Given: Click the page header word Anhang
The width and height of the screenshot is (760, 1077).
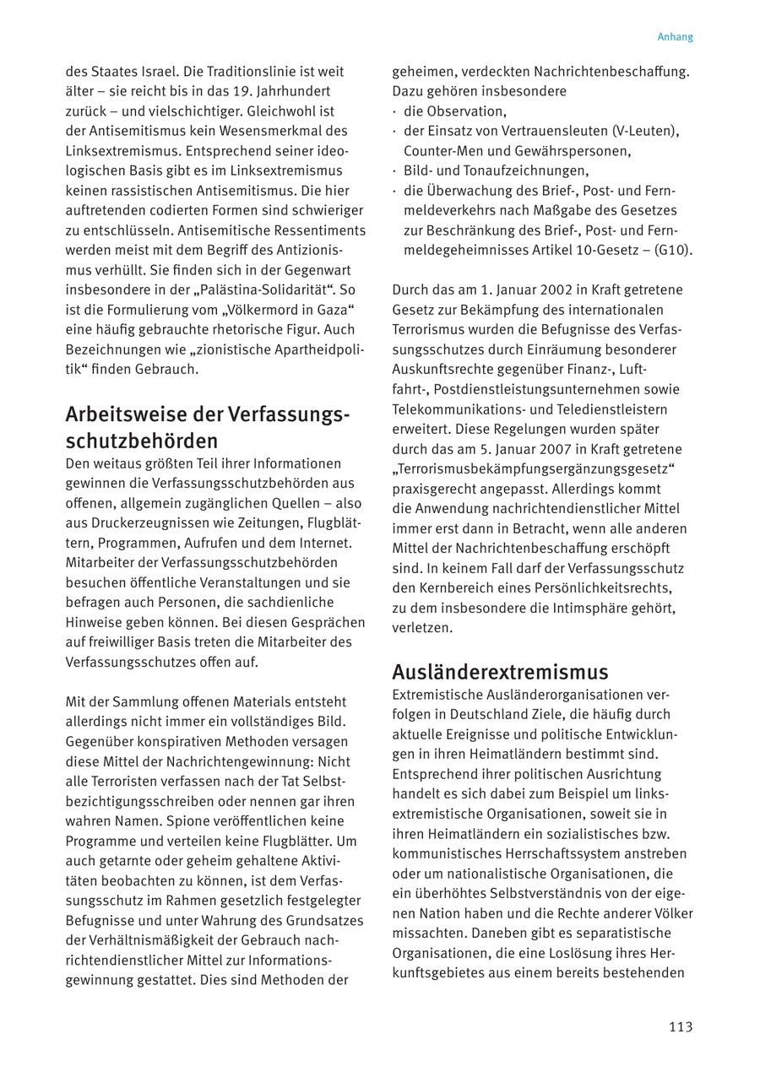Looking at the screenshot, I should pos(675,37).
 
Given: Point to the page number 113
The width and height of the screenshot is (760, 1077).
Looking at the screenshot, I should pos(680,1027).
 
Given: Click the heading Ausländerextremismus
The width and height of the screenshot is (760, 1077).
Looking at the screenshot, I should pos(500,673).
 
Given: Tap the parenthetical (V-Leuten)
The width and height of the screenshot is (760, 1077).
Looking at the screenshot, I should pos(645,131).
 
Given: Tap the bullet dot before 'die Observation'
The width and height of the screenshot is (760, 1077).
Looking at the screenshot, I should pos(395,111).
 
